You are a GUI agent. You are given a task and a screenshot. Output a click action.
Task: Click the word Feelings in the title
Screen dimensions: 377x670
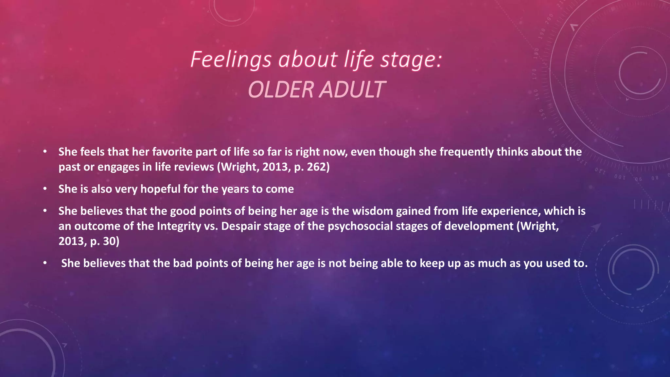[231, 60]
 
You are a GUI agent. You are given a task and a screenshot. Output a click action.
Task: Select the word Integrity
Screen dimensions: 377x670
[179, 226]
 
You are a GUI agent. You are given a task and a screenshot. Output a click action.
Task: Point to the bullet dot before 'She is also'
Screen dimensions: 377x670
[45, 189]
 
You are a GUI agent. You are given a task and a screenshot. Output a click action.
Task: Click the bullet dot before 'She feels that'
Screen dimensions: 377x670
[45, 152]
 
